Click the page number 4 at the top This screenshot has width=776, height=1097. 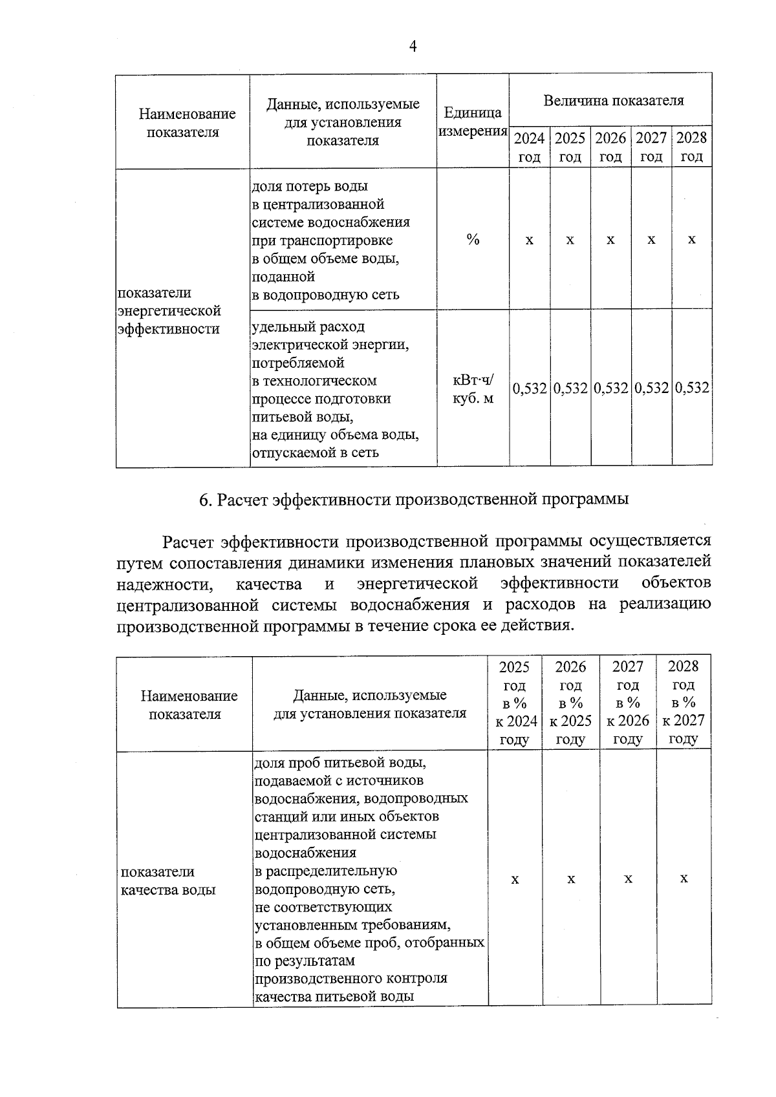[413, 46]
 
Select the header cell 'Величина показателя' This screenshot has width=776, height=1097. [612, 100]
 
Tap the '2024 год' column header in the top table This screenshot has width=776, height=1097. [529, 147]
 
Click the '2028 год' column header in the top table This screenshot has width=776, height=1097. [691, 147]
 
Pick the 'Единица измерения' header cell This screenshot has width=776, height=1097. [473, 122]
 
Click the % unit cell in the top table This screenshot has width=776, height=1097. [473, 240]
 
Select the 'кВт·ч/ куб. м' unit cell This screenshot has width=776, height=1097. [473, 389]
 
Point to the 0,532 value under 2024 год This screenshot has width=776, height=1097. [530, 389]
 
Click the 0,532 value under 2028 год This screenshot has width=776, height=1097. [692, 389]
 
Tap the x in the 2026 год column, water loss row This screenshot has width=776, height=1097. [610, 240]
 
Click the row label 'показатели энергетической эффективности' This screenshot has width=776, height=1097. [169, 311]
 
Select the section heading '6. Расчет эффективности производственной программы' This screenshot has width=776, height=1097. [414, 500]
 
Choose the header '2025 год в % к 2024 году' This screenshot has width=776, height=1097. [514, 703]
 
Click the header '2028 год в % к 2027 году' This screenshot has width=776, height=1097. [683, 703]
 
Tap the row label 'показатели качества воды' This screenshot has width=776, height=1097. [169, 880]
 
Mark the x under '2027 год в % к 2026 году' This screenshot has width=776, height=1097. [627, 879]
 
